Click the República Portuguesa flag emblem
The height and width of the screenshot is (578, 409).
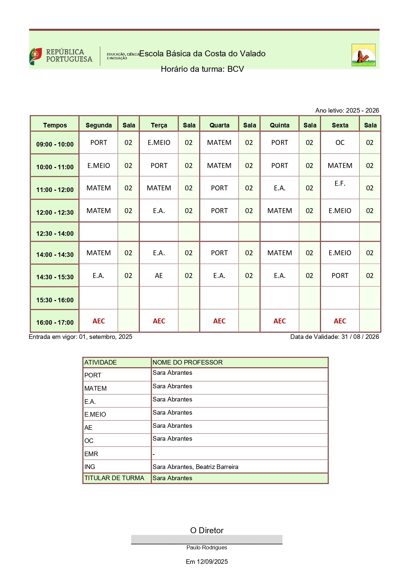tap(36, 56)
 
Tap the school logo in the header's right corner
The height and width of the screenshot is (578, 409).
tap(363, 55)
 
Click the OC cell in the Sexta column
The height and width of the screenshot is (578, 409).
tap(340, 143)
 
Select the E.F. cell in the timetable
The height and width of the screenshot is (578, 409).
tap(340, 184)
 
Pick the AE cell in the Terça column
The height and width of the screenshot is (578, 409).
tap(159, 276)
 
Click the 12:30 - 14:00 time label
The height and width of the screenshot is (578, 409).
tap(55, 234)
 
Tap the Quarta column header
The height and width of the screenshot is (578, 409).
tap(219, 125)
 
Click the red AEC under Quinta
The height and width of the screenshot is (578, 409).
tap(279, 321)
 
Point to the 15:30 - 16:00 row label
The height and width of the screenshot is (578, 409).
tap(55, 300)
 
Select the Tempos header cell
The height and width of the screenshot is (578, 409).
tap(55, 125)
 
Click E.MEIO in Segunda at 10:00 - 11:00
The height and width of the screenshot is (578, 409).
tap(99, 166)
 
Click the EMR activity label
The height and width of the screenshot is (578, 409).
tap(91, 454)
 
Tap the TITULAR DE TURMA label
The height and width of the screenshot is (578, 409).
tap(114, 478)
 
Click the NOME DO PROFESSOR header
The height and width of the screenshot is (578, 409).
tap(188, 362)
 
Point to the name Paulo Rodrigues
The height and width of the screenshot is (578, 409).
tap(207, 547)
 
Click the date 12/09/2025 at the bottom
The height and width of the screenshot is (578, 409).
tap(212, 562)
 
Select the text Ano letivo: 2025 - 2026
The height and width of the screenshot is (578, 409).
tap(347, 110)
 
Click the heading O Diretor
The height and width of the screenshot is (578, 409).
tap(207, 530)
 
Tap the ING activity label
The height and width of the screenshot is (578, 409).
tap(90, 467)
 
